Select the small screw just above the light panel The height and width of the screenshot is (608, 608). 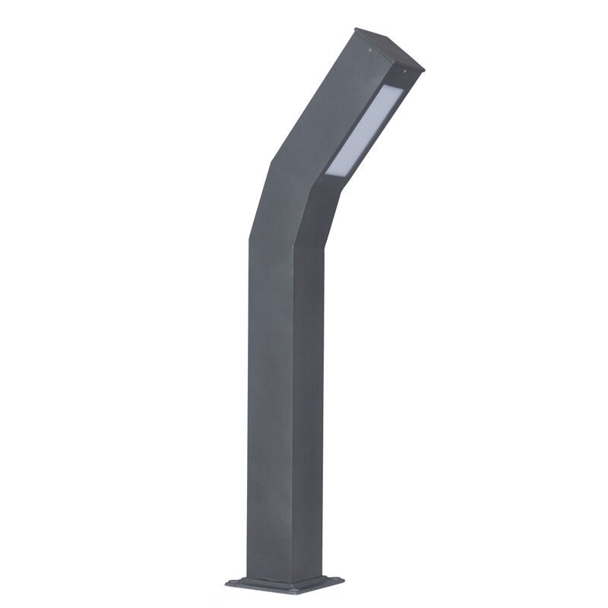tap(404, 71)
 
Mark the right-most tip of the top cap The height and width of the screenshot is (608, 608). tap(423, 70)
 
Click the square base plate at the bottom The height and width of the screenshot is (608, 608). tap(285, 584)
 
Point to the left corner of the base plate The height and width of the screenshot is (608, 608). tap(226, 583)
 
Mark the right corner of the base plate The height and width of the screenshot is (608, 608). tap(343, 582)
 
